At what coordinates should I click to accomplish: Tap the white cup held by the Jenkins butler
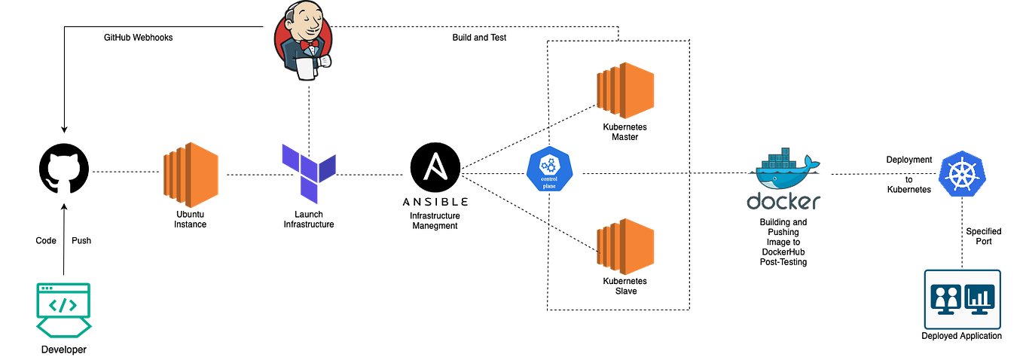click(304, 69)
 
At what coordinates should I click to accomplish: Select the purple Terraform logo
click(308, 172)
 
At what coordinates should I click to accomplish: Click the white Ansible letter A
click(435, 166)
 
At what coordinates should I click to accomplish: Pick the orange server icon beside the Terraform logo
click(191, 175)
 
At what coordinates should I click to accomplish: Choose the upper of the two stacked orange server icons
click(625, 91)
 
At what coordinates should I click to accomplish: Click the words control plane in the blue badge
click(550, 182)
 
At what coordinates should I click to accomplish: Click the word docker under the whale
click(782, 201)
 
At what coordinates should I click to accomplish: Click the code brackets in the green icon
click(63, 304)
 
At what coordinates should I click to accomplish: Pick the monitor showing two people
click(945, 298)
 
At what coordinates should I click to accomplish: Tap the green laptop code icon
click(63, 310)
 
